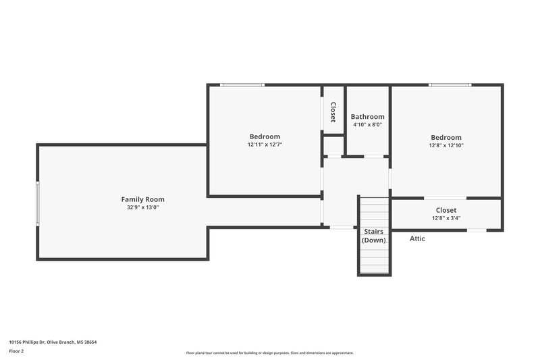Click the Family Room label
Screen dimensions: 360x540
142,199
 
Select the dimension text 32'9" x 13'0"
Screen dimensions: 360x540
142,207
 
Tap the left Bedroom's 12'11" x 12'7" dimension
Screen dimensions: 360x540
265,145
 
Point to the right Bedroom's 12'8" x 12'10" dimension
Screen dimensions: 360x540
446,145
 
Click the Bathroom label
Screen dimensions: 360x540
368,117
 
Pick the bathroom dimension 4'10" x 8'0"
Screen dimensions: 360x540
368,124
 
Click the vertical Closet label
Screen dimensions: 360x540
333,112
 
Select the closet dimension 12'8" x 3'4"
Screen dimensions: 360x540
446,218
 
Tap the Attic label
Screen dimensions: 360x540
418,238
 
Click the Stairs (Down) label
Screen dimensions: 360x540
374,236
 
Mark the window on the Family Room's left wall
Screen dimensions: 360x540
38,203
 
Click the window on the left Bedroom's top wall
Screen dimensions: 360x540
242,85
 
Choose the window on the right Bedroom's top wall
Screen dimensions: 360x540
450,85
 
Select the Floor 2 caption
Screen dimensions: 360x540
17,351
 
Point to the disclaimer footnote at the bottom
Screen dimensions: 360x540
269,353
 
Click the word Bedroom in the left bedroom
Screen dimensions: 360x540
265,136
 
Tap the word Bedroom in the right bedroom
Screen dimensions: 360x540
446,137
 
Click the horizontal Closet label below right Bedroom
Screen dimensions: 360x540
446,210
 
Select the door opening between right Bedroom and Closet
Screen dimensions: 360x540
445,198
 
